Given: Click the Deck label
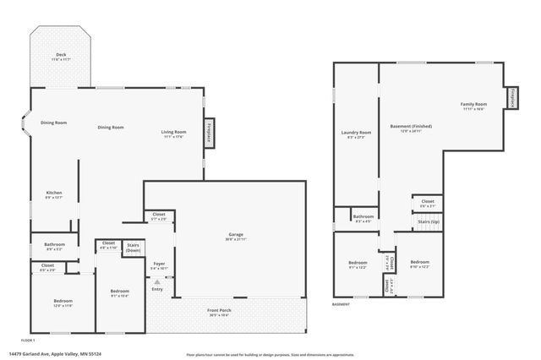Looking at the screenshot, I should click(61, 56).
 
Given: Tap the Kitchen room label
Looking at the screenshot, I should click(54, 194).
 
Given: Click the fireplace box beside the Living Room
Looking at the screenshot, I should click(208, 133).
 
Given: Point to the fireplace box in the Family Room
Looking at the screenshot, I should click(512, 99).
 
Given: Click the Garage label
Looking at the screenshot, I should click(236, 235).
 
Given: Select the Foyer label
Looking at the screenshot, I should click(159, 265).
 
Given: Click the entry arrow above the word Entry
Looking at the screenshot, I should click(156, 281).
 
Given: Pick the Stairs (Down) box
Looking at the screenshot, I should click(134, 247).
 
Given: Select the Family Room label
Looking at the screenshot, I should click(473, 105).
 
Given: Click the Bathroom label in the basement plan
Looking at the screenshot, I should click(363, 216).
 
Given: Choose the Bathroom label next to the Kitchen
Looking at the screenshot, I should click(54, 247).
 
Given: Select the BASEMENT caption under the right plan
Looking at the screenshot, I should click(341, 304).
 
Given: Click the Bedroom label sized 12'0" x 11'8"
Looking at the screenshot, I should click(63, 303).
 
